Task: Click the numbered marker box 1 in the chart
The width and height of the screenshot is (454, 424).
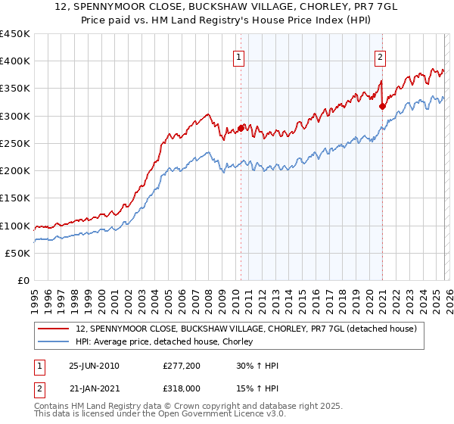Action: pos(239,56)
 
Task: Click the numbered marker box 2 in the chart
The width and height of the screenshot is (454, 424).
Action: pos(380,56)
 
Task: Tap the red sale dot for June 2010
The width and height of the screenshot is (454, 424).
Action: pos(241,129)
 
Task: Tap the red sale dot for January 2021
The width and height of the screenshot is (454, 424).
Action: pos(382,107)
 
